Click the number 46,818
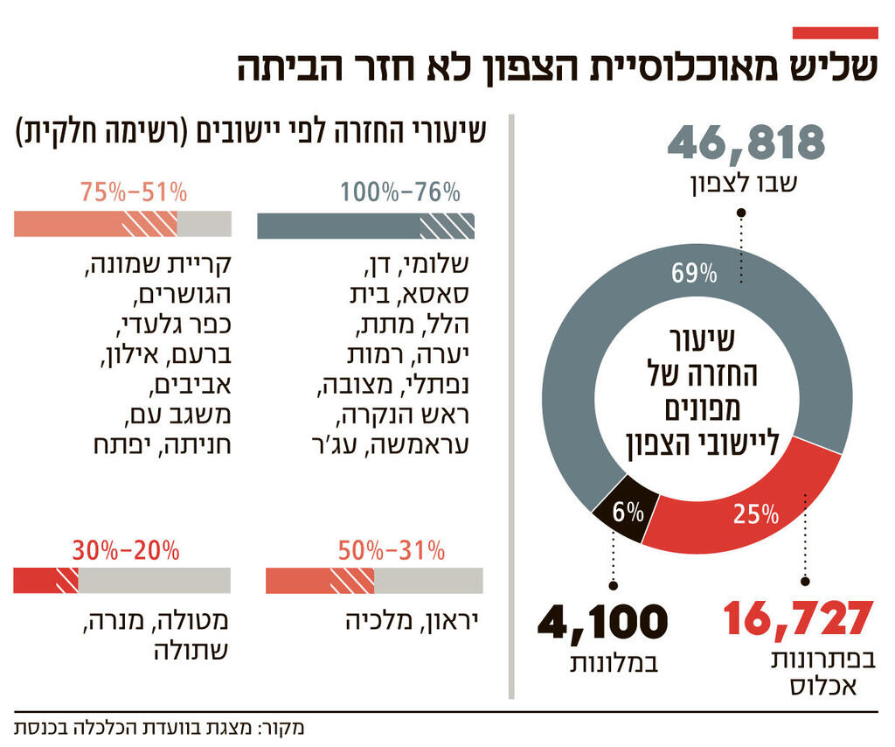746,143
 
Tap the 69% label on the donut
694,274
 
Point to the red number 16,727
798,619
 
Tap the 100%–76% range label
400,192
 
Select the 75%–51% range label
134,192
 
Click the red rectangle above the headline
834,32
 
